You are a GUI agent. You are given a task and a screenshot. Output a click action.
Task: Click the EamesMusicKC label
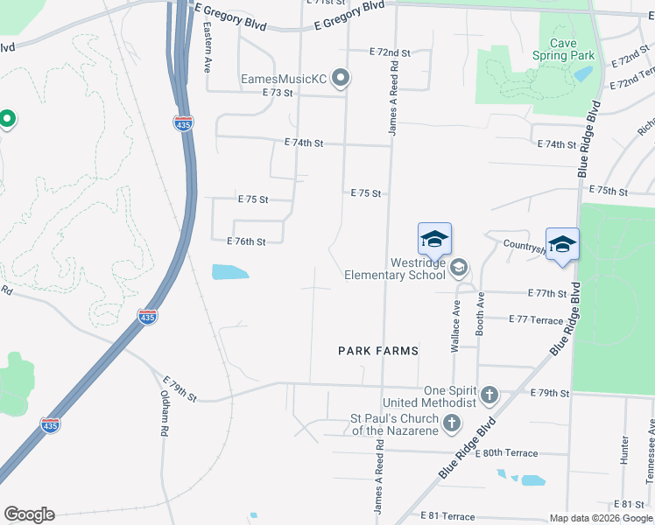[x=284, y=80]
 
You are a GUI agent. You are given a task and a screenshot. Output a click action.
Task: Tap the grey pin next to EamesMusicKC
[x=342, y=80]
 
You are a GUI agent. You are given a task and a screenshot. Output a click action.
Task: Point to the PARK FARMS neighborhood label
[x=378, y=351]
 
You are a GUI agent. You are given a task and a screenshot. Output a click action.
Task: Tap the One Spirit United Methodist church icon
[x=489, y=395]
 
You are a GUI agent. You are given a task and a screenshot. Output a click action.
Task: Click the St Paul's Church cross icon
[x=451, y=424]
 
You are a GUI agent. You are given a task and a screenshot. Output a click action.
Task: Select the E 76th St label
[x=246, y=241]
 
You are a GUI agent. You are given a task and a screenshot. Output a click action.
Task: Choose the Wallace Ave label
[x=455, y=327]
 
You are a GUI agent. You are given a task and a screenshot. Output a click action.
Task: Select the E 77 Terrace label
[x=536, y=320]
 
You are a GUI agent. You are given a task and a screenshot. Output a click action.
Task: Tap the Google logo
[x=29, y=514]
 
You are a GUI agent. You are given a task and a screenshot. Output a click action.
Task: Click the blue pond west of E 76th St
[x=229, y=272]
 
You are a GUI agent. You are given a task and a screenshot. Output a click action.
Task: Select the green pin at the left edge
[x=6, y=118]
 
